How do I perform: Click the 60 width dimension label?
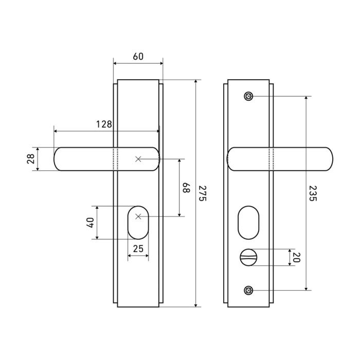(138, 56)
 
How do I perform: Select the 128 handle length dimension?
(104, 124)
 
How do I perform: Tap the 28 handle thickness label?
(31, 159)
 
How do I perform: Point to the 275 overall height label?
(203, 193)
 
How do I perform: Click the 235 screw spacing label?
(313, 193)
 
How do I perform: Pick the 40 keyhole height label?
(90, 223)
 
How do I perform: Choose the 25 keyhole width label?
(138, 248)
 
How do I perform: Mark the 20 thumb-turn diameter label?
(297, 257)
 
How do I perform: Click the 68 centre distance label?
(186, 188)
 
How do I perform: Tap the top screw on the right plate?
(248, 96)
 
